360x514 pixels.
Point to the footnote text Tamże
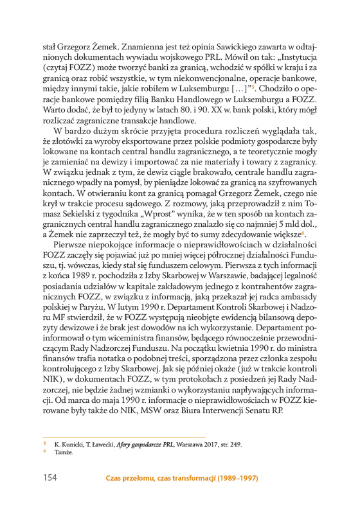click(64, 470)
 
